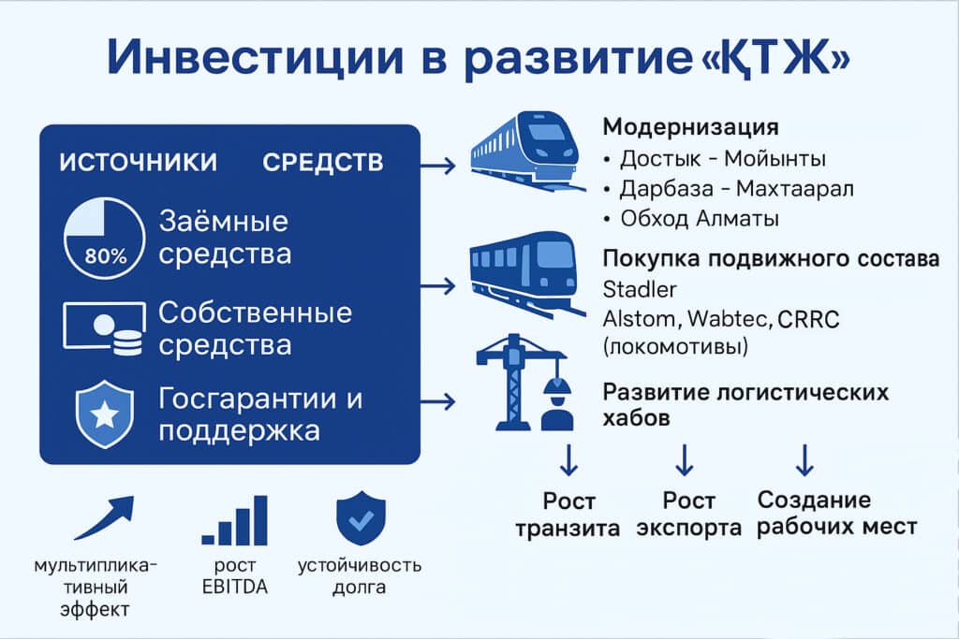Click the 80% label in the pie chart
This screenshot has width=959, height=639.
(x=106, y=255)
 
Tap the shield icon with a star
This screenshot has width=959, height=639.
(x=105, y=414)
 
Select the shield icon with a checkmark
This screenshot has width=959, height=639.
(x=361, y=518)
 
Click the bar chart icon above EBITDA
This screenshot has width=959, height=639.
(x=235, y=520)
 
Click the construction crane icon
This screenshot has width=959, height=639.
(x=514, y=382)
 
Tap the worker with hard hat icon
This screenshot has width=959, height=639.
(x=557, y=404)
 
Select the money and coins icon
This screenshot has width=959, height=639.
(x=105, y=327)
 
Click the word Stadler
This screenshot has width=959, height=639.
(x=639, y=289)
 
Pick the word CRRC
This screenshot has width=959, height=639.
(x=808, y=319)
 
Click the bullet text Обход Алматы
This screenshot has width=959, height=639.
(x=699, y=218)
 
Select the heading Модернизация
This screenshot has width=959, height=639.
(x=690, y=127)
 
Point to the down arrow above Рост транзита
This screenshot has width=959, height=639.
(x=568, y=460)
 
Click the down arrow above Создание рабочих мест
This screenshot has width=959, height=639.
(x=804, y=460)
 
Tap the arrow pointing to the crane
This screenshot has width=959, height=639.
(x=438, y=401)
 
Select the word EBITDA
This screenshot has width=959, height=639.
(x=235, y=587)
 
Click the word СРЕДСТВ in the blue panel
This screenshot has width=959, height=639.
(x=323, y=163)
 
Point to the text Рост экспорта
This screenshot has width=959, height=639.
(x=688, y=514)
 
